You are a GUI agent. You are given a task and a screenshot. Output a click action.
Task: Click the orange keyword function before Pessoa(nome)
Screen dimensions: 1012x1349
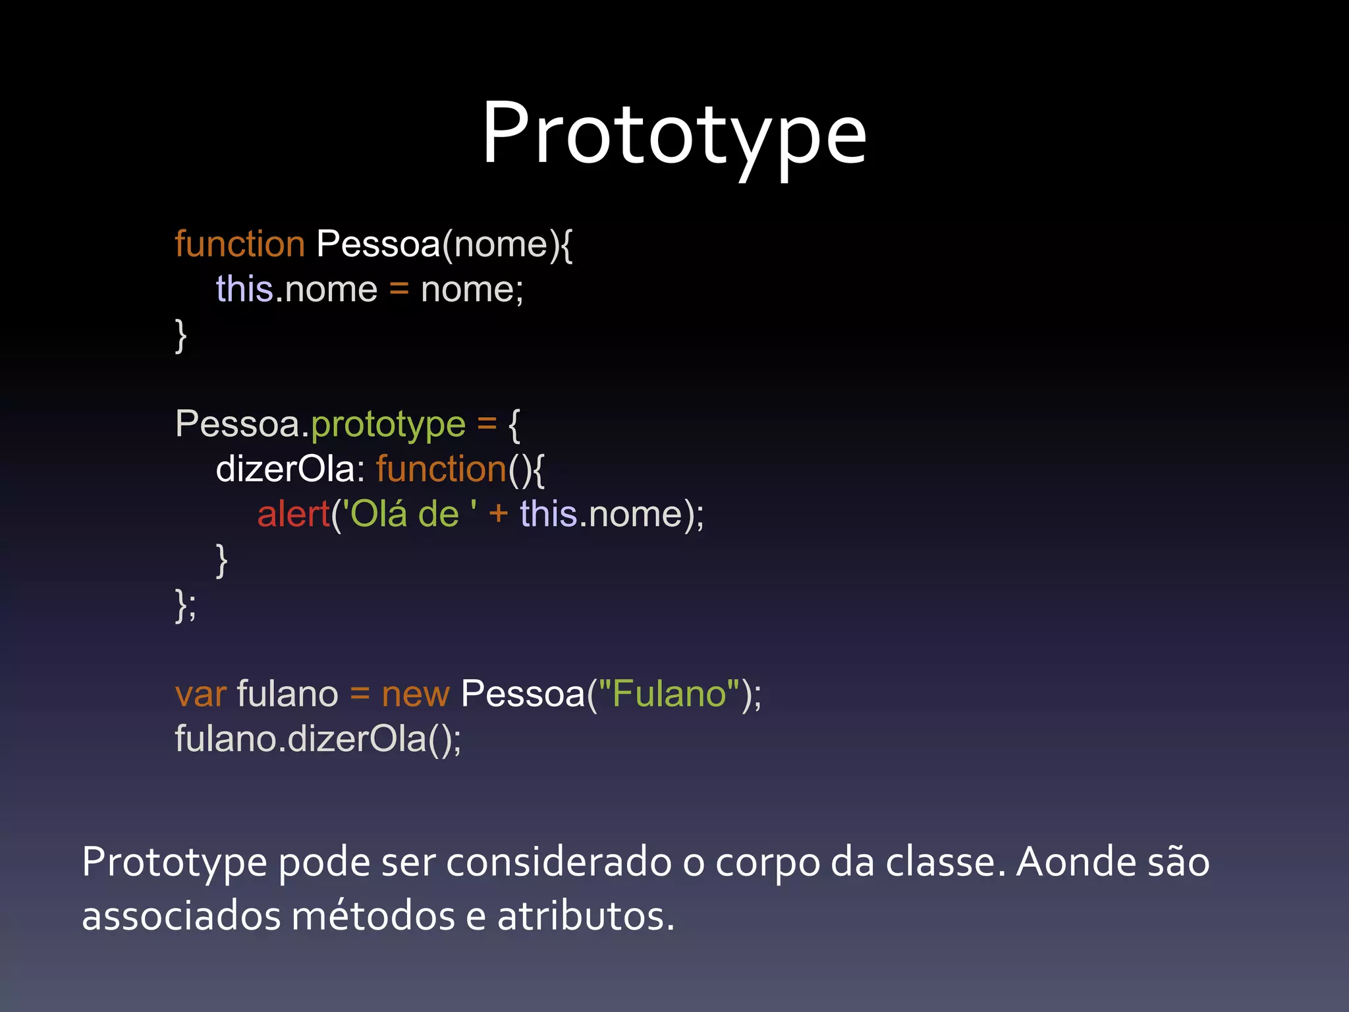(240, 244)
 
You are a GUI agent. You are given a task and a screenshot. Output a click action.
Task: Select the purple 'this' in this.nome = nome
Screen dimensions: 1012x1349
(244, 289)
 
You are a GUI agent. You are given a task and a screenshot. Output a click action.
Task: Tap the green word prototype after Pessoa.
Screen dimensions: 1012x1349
(388, 424)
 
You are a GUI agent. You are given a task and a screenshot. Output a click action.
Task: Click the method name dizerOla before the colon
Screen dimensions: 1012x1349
(285, 469)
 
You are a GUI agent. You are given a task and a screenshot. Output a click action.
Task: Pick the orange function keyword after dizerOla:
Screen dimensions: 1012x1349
(441, 469)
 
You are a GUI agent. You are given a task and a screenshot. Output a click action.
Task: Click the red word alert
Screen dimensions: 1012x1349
(293, 515)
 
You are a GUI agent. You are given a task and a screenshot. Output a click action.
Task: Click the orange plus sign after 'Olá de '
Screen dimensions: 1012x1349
(498, 515)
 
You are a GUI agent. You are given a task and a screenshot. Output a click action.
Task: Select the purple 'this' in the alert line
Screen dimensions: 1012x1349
(548, 515)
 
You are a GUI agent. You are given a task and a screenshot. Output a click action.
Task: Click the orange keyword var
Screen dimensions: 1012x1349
(200, 694)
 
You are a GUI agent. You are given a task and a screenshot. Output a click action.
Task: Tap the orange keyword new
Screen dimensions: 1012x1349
(415, 694)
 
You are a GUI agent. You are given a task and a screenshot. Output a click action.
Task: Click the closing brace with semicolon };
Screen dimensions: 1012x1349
(185, 604)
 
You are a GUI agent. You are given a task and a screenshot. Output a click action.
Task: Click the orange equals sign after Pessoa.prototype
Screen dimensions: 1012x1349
(487, 424)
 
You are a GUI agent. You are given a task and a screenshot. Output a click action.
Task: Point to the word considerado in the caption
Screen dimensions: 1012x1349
(558, 862)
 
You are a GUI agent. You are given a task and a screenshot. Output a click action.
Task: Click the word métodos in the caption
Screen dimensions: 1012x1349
(373, 916)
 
